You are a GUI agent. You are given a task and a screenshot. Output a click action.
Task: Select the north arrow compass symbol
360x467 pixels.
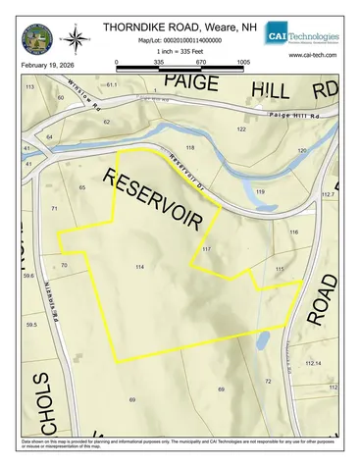coord(75,38)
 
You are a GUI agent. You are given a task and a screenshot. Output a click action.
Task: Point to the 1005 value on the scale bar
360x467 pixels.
coord(243,61)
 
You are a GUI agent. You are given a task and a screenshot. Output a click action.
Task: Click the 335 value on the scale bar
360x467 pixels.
coord(159,61)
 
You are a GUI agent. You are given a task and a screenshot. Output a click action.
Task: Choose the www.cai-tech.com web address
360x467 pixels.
coord(314,55)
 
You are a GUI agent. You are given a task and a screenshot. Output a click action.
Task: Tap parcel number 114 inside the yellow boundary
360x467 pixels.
coord(139,267)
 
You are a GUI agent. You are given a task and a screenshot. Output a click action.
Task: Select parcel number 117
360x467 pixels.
coord(207,250)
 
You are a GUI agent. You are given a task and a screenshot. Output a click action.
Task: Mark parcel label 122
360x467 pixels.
coord(241,130)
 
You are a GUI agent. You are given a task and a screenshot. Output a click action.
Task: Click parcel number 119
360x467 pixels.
coord(260,191)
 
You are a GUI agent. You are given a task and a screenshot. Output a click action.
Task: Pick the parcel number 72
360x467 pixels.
coord(267,380)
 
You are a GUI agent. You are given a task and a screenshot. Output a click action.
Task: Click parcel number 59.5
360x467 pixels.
coord(31,324)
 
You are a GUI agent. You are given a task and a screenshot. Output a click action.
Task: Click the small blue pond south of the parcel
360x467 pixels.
coord(262,341)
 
